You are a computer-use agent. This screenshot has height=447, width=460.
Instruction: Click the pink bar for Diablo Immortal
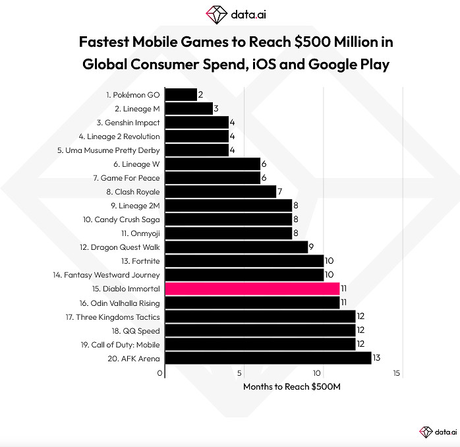click(x=252, y=289)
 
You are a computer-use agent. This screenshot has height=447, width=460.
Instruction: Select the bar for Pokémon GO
click(x=181, y=95)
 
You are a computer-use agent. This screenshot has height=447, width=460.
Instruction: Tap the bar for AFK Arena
click(x=268, y=358)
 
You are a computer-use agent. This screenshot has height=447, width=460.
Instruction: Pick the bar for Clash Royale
click(x=220, y=192)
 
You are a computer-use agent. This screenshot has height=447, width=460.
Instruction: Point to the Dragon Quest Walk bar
click(x=236, y=247)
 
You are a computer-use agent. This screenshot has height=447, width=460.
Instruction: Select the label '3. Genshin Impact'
click(x=128, y=123)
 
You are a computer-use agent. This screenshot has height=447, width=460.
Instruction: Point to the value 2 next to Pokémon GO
click(x=200, y=95)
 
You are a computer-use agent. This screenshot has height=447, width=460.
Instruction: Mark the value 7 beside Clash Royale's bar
click(x=279, y=192)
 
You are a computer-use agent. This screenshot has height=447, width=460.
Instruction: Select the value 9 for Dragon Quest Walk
click(x=311, y=247)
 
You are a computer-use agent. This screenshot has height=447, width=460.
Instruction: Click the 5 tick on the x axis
click(x=241, y=373)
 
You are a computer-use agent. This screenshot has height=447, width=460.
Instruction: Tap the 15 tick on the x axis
click(x=397, y=373)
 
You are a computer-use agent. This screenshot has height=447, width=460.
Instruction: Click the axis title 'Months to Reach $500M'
click(x=291, y=386)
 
